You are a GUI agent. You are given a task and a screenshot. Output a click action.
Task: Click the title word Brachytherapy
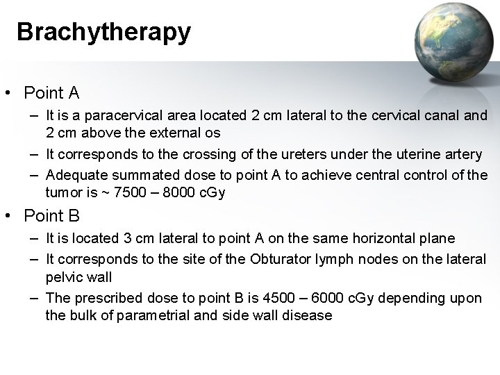pyautogui.click(x=103, y=33)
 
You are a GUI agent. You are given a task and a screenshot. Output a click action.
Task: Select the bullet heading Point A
pyautogui.click(x=51, y=92)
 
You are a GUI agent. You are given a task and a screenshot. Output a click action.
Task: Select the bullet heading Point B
pyautogui.click(x=51, y=217)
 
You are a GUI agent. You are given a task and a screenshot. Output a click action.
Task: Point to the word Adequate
pyautogui.click(x=72, y=174)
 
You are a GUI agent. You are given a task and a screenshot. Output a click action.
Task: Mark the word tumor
pyautogui.click(x=62, y=192)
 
